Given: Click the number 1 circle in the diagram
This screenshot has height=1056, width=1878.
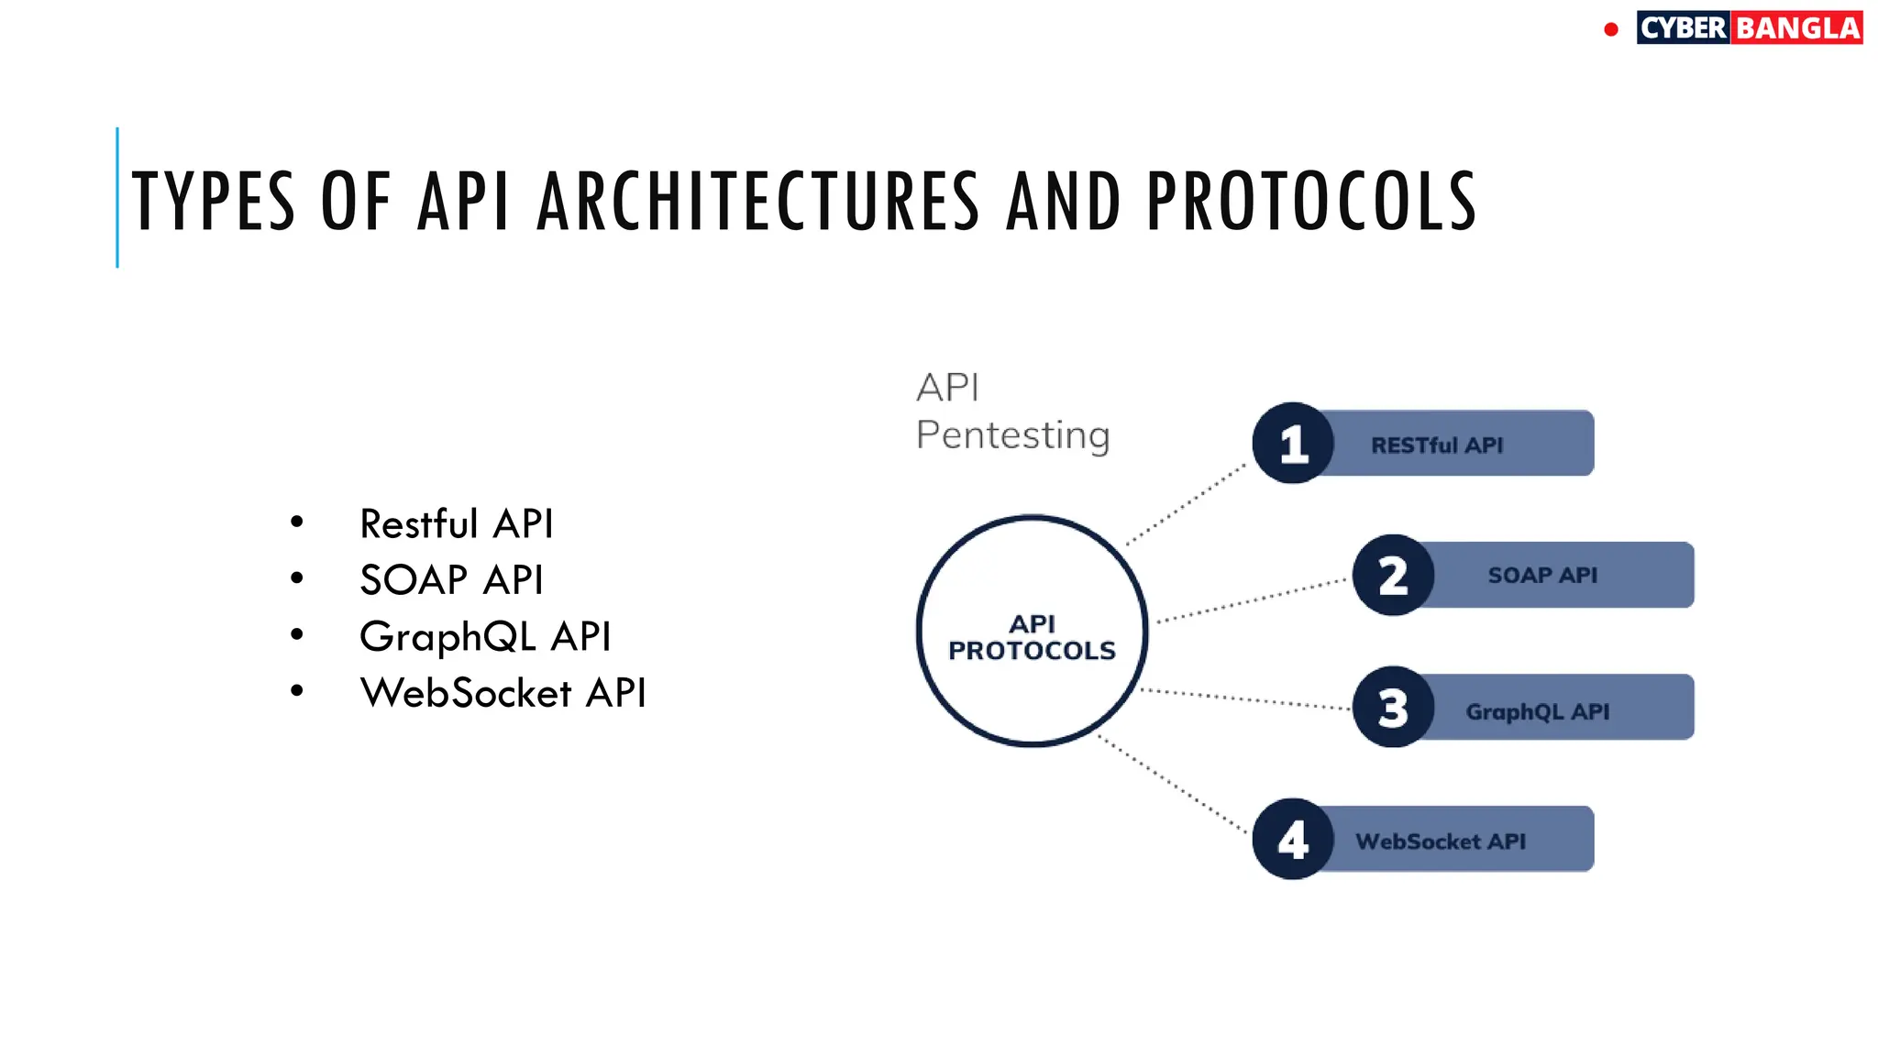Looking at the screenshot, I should tap(1293, 444).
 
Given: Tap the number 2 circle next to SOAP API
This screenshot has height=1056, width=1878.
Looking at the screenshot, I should tap(1393, 576).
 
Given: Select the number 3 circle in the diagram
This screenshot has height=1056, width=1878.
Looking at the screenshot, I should tap(1393, 708).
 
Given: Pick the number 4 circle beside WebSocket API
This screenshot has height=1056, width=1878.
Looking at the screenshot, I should tap(1293, 840).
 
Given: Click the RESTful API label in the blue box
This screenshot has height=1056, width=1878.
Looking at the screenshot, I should tap(1437, 445).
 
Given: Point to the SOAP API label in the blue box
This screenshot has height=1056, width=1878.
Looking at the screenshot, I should tap(1542, 576).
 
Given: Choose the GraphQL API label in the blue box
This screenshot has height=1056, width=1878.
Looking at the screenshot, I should tap(1538, 711).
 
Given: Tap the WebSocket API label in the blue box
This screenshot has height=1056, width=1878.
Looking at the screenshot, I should tap(1441, 841).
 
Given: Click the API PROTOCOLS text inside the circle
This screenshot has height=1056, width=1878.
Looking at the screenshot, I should tap(1032, 638).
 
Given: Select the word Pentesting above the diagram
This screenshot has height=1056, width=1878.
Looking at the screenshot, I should tap(1012, 435).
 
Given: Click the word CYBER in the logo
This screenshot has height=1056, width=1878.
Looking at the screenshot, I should tap(1683, 28).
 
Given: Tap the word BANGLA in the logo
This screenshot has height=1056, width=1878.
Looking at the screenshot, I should tap(1797, 28).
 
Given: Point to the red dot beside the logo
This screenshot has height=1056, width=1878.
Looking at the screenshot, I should tap(1611, 30).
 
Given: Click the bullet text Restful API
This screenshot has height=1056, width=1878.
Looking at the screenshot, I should tap(457, 524).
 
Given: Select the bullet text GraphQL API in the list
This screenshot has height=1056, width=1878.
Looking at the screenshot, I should tap(485, 637).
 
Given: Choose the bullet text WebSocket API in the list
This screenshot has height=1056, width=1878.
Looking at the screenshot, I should tap(503, 693).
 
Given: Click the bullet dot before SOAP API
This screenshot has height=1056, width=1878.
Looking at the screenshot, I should tap(296, 578).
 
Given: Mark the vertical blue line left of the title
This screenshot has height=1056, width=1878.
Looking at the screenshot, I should tap(117, 198).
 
